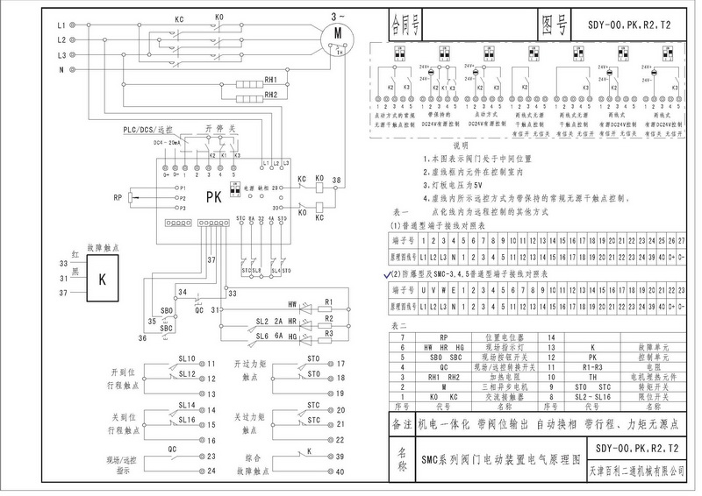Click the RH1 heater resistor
click(x=271, y=79)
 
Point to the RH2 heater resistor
click(x=271, y=95)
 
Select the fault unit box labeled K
click(x=103, y=280)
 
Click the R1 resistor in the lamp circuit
click(x=328, y=301)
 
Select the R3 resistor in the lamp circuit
click(x=328, y=334)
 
